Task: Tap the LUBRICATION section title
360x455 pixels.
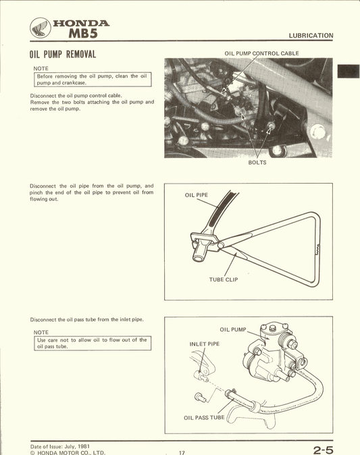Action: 310,35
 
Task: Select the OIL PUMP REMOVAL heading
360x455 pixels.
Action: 63,54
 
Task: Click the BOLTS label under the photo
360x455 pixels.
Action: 257,163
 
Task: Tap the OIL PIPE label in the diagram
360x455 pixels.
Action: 197,195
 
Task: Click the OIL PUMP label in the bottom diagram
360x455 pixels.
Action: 233,329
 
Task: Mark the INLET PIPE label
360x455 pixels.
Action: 204,344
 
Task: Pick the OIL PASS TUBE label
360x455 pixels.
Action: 204,417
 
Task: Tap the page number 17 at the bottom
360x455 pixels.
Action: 182,452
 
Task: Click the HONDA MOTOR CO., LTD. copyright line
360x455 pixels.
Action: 68,452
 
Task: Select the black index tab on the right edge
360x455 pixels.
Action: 349,71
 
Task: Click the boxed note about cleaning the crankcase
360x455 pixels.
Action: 92,79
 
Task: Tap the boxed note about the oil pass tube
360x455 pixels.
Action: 92,343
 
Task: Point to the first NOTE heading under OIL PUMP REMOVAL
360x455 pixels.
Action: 41,68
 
